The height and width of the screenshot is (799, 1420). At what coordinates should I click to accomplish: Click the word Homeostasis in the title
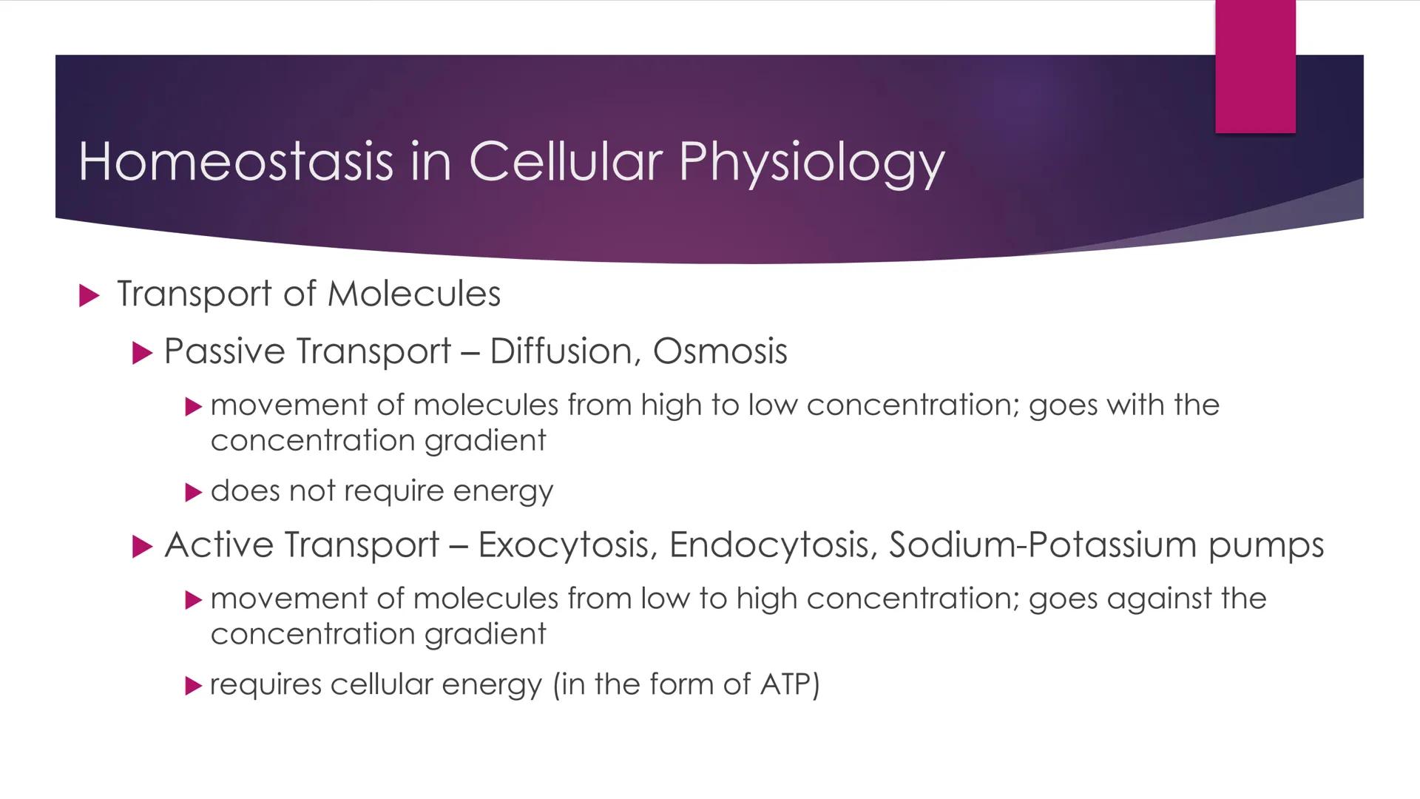click(235, 161)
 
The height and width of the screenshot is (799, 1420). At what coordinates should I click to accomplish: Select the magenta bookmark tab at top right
click(1255, 67)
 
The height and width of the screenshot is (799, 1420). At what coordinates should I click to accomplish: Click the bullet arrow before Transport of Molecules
click(89, 296)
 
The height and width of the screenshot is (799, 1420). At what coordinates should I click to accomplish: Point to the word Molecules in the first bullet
click(413, 294)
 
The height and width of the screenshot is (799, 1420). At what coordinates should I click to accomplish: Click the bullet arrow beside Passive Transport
click(141, 353)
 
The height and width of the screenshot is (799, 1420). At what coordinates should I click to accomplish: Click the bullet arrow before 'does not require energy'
click(193, 492)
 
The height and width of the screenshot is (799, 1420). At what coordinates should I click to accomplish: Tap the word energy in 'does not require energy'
click(503, 492)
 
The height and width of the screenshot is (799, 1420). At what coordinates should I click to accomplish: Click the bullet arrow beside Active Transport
click(141, 547)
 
